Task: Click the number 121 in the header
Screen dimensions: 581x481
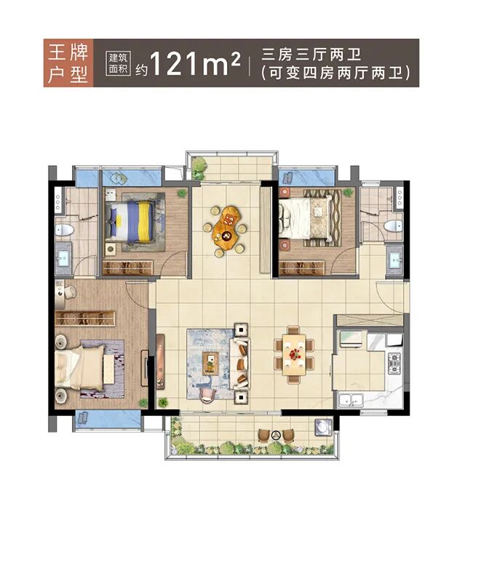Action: [175, 64]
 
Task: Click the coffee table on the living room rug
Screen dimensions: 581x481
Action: [211, 358]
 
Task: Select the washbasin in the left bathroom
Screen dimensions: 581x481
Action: [64, 258]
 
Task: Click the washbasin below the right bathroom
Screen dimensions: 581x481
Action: [395, 258]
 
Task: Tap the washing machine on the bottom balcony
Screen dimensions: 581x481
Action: [321, 428]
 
